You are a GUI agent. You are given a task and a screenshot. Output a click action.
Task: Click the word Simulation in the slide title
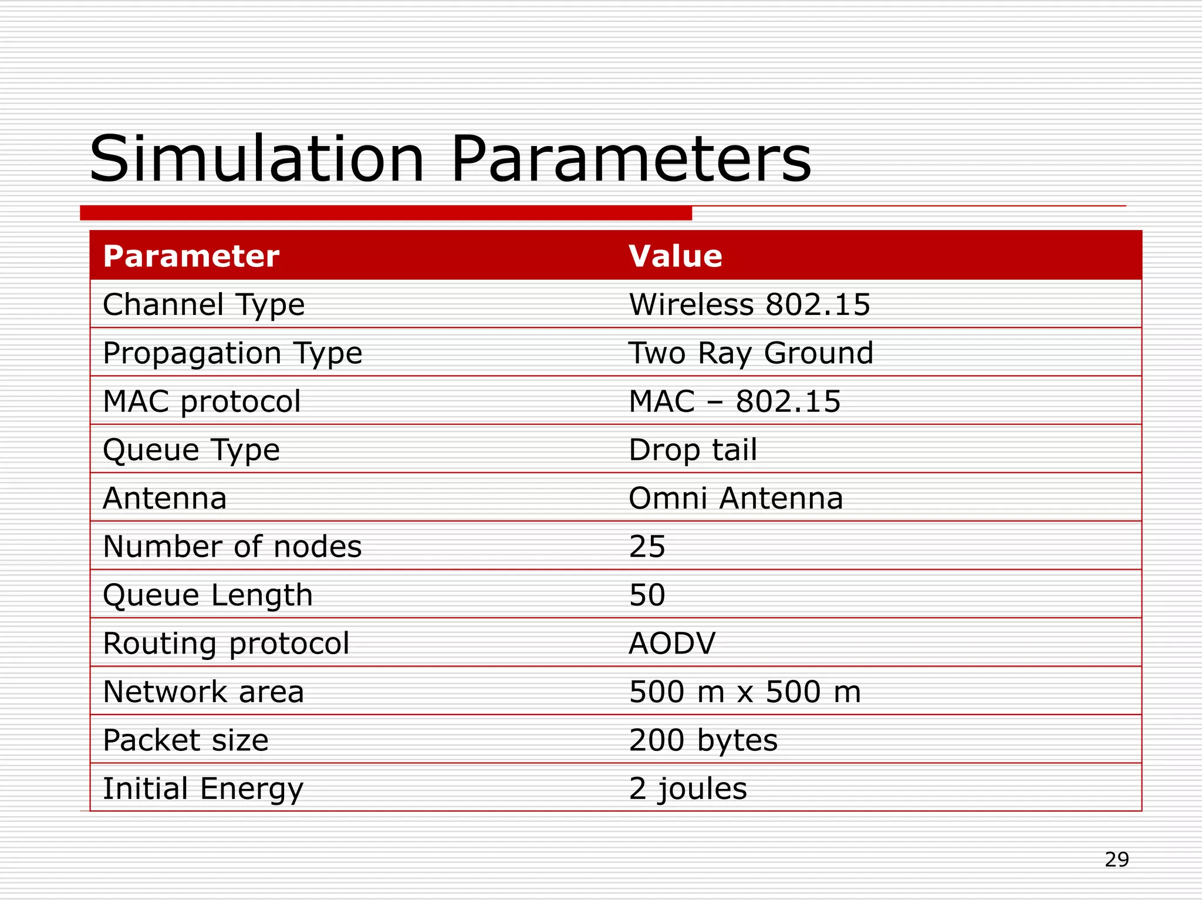click(x=256, y=160)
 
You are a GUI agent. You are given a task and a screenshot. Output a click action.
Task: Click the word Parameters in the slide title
click(x=631, y=160)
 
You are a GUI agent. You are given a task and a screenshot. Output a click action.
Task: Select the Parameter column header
click(x=191, y=256)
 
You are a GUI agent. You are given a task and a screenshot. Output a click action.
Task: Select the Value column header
click(x=676, y=256)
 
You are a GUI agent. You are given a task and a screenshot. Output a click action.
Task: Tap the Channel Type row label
click(x=204, y=305)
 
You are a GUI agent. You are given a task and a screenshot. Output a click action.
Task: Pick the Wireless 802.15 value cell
click(x=749, y=305)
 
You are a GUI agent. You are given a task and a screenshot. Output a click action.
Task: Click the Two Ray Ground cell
click(x=751, y=353)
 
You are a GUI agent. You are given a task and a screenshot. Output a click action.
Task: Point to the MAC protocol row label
click(x=202, y=402)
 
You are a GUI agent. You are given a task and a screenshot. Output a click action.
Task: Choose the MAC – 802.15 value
click(x=735, y=402)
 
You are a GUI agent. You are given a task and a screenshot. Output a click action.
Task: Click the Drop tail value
click(x=693, y=450)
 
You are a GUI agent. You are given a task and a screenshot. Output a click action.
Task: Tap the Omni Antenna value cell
click(x=736, y=499)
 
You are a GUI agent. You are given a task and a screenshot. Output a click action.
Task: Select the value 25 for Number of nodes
click(x=647, y=547)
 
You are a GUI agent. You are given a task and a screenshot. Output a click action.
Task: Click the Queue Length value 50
click(x=647, y=595)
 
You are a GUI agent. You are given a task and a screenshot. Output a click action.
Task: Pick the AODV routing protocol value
click(x=673, y=643)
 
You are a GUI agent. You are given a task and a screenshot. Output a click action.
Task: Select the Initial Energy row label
click(x=203, y=789)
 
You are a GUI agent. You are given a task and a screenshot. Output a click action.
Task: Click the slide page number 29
click(x=1117, y=860)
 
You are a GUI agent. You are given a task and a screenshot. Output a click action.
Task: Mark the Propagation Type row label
click(x=232, y=353)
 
